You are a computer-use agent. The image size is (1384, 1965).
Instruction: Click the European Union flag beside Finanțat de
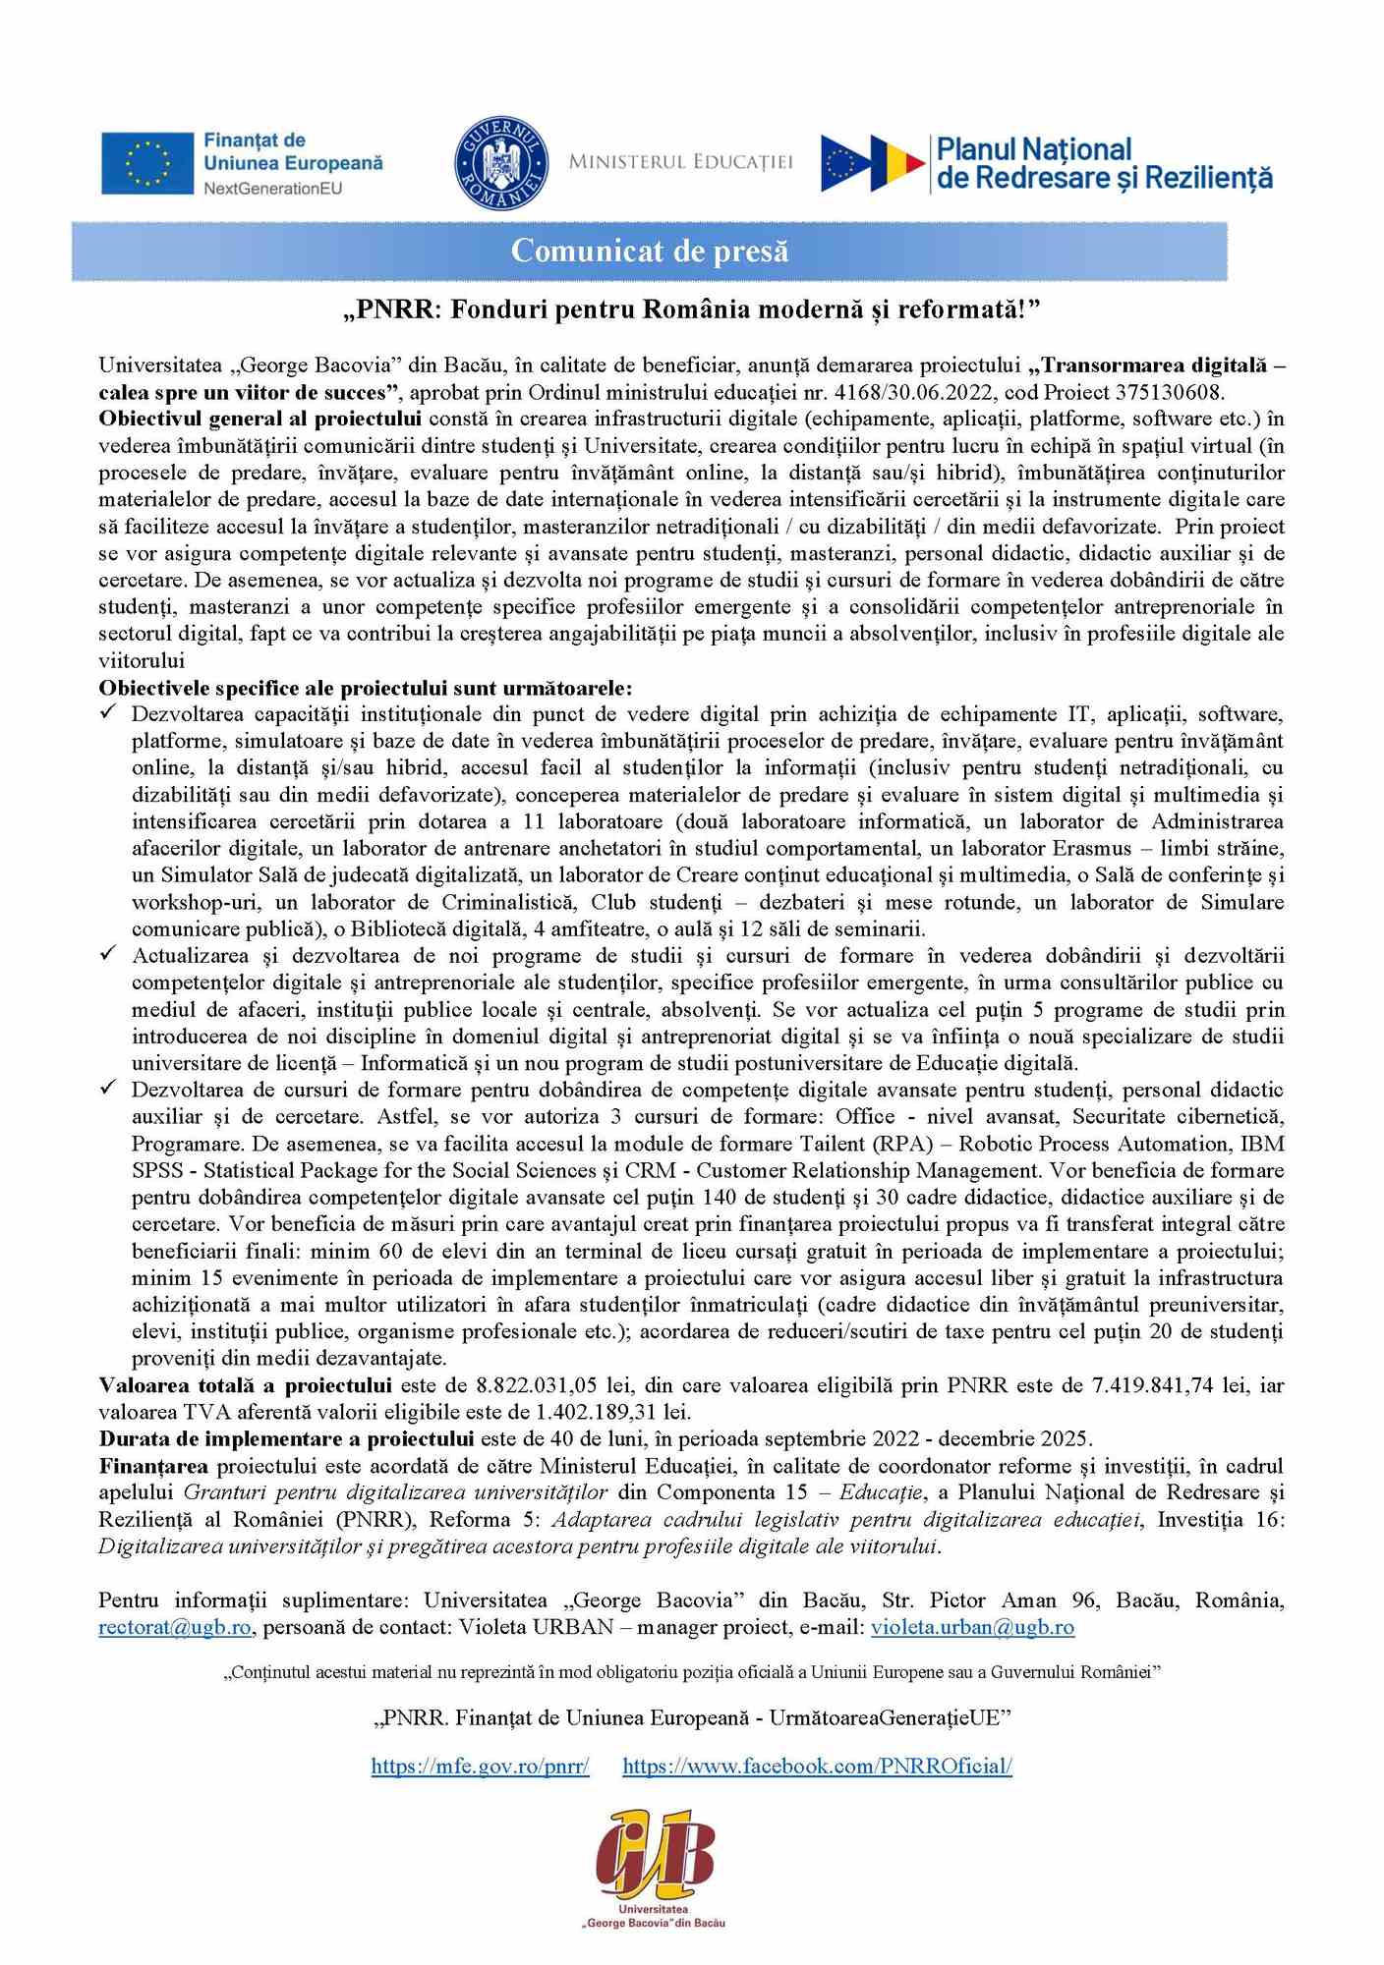coord(147,163)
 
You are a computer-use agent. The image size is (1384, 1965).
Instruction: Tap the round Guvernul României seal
coord(501,162)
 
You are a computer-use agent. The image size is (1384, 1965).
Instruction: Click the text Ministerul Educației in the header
coord(680,162)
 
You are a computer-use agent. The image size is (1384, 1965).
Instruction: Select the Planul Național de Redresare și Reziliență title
coord(1104,164)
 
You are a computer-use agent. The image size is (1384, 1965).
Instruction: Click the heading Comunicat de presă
coord(650,252)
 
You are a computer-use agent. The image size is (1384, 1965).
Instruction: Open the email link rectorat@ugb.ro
coord(175,1627)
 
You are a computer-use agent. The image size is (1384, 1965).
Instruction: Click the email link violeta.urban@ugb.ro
coord(972,1627)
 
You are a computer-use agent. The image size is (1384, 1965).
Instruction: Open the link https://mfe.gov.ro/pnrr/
coord(480,1766)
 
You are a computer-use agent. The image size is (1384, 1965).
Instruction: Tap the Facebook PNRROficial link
coord(817,1766)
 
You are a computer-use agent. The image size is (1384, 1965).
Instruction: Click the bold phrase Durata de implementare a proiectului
coord(286,1438)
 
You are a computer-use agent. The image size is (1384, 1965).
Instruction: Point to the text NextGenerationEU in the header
coord(273,188)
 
